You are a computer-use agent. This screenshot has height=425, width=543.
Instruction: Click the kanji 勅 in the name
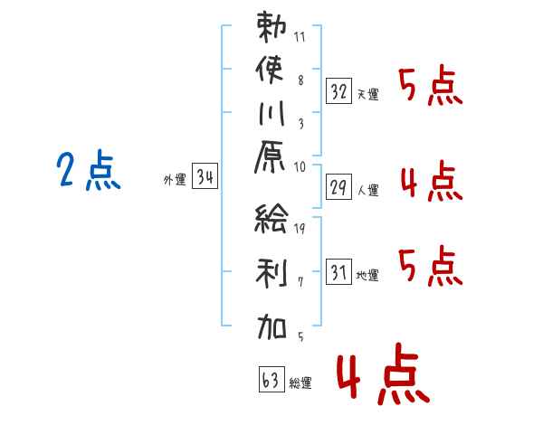(271, 26)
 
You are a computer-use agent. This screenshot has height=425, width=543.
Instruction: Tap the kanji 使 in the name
(270, 70)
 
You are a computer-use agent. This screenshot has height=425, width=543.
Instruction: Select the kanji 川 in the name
(271, 113)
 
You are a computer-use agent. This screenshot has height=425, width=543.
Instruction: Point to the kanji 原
(270, 157)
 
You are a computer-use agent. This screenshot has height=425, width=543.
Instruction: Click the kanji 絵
(271, 218)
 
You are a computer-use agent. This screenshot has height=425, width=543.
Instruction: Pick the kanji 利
(271, 272)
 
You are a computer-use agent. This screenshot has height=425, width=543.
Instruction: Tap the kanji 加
(271, 326)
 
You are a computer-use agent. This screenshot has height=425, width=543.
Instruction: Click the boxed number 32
(338, 91)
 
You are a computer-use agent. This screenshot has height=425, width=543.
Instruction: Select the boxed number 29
(338, 187)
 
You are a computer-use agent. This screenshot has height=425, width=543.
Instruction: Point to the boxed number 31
(338, 272)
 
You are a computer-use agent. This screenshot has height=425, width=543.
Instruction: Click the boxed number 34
(205, 176)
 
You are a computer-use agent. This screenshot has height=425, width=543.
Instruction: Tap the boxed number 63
(271, 380)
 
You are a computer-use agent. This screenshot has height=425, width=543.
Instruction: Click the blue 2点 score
(89, 170)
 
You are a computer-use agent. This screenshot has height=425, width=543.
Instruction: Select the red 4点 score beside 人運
(432, 181)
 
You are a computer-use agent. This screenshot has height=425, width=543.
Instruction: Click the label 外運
(175, 180)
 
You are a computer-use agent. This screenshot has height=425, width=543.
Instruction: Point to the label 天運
(368, 94)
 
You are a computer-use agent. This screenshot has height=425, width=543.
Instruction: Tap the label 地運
(367, 276)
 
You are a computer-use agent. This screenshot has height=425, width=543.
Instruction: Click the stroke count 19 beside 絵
(300, 228)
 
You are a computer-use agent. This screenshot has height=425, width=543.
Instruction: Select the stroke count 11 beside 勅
(300, 37)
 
